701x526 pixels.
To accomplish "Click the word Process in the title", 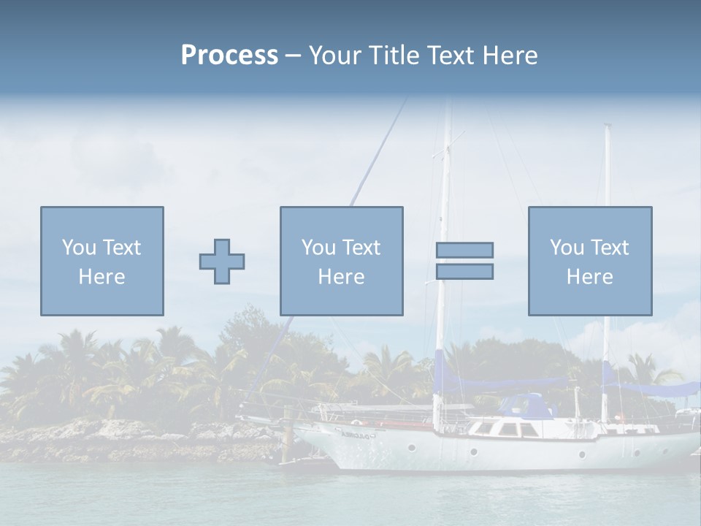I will [229, 56].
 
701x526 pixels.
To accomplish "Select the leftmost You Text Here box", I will [102, 261].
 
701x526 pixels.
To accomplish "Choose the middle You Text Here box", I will [342, 261].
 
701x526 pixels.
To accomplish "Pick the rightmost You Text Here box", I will [590, 261].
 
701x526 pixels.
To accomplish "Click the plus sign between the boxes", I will [222, 261].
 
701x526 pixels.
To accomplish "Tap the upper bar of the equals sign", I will [464, 250].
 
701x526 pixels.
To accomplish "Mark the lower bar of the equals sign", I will [464, 272].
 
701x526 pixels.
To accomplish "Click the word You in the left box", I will [79, 248].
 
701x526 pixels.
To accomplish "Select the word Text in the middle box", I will [362, 248].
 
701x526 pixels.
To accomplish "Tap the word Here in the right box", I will [590, 277].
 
